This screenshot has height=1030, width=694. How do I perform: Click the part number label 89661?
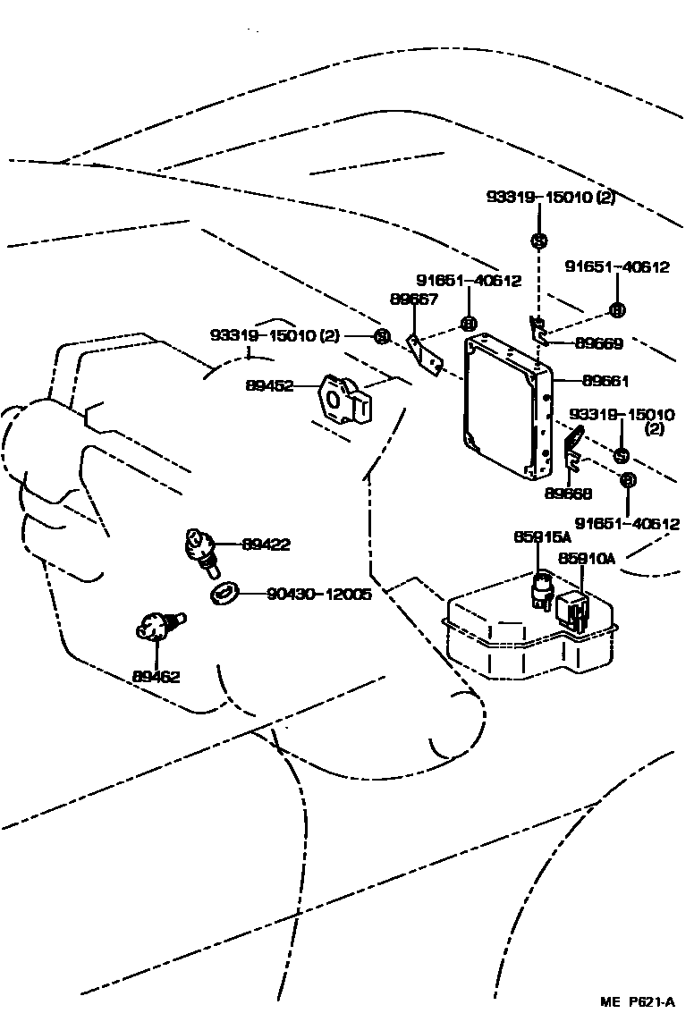pos(605,381)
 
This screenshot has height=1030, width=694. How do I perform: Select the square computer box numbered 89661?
pos(505,407)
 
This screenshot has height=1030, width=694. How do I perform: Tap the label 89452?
pos(269,385)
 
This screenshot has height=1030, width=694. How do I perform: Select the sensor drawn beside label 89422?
pos(200,549)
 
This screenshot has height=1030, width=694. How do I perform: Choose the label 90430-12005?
pos(318,593)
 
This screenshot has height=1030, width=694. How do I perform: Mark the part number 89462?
pos(156,677)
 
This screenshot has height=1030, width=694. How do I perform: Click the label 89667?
pos(413,299)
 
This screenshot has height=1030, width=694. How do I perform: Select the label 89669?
pos(598,343)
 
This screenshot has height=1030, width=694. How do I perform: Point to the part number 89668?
pos(568,492)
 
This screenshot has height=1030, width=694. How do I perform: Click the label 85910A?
pos(588,559)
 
